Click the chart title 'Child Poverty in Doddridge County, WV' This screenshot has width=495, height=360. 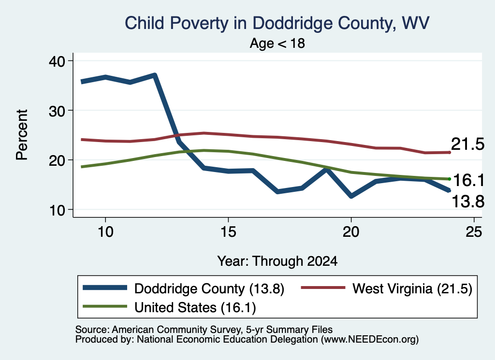[277, 23]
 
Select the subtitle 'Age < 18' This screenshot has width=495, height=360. [277, 43]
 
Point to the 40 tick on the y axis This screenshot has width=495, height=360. [57, 60]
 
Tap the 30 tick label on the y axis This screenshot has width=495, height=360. [57, 111]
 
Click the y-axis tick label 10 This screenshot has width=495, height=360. [57, 210]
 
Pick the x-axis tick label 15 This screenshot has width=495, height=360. [228, 232]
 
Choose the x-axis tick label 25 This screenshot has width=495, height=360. [474, 232]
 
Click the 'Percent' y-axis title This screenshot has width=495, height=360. [22, 135]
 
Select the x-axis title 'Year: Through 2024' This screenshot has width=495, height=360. [277, 261]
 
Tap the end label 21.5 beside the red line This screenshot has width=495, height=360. [467, 144]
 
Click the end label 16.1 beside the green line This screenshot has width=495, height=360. [468, 180]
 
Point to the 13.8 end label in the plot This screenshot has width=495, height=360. [468, 202]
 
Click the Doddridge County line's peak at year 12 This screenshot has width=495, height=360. [154, 75]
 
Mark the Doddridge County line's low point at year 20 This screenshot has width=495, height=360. [351, 196]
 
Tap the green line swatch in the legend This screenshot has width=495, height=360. [105, 306]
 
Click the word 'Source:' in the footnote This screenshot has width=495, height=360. [92, 330]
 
